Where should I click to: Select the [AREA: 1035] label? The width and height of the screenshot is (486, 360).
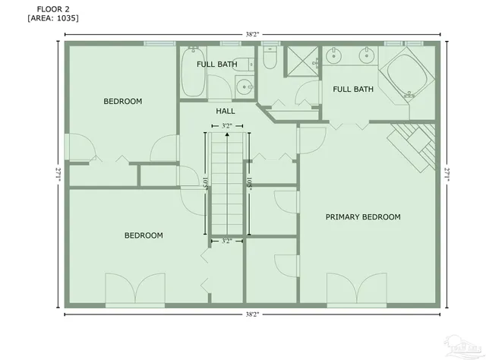pyautogui.click(x=52, y=17)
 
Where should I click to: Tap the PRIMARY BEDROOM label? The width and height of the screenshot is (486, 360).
pyautogui.click(x=362, y=217)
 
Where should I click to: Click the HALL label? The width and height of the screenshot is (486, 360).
pyautogui.click(x=226, y=111)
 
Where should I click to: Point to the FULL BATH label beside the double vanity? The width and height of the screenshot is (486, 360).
pyautogui.click(x=353, y=89)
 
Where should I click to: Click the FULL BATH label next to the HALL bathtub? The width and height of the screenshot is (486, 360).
pyautogui.click(x=216, y=65)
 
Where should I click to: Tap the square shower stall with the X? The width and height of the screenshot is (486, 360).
pyautogui.click(x=301, y=60)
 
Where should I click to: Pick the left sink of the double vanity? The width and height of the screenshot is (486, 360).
pyautogui.click(x=335, y=55)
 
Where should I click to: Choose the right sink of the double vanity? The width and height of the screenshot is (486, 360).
pyautogui.click(x=366, y=55)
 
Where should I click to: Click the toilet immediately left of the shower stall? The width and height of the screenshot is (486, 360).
pyautogui.click(x=270, y=59)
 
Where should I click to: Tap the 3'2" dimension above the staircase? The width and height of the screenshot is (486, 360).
pyautogui.click(x=226, y=126)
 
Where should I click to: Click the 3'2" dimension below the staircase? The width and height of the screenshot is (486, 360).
pyautogui.click(x=226, y=242)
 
